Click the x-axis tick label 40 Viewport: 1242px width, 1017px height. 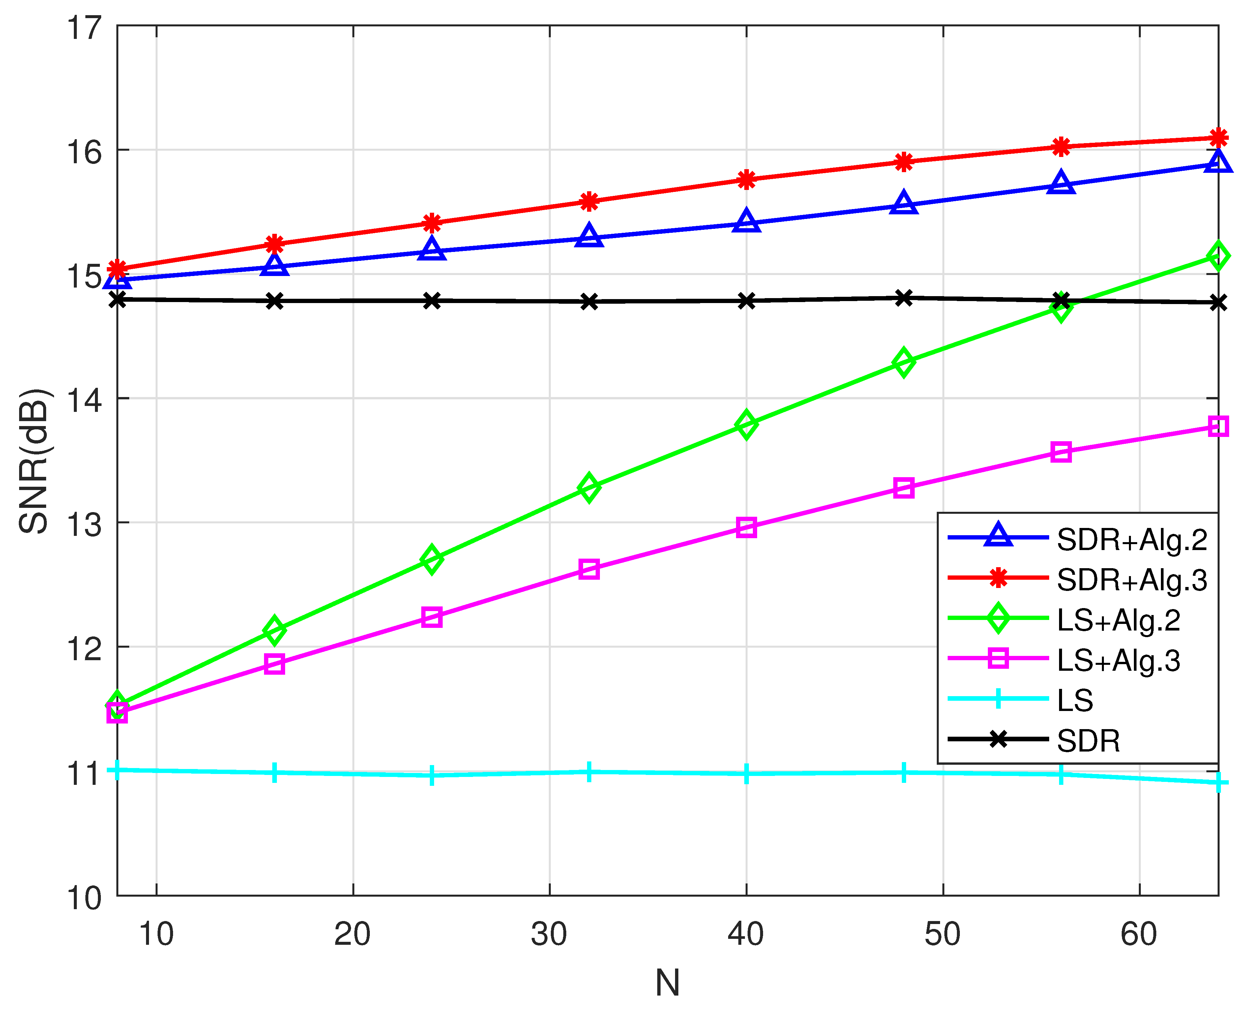point(746,935)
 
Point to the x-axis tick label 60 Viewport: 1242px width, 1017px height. point(1139,935)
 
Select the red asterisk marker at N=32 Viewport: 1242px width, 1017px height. point(589,201)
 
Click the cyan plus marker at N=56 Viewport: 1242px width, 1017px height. point(1061,775)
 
